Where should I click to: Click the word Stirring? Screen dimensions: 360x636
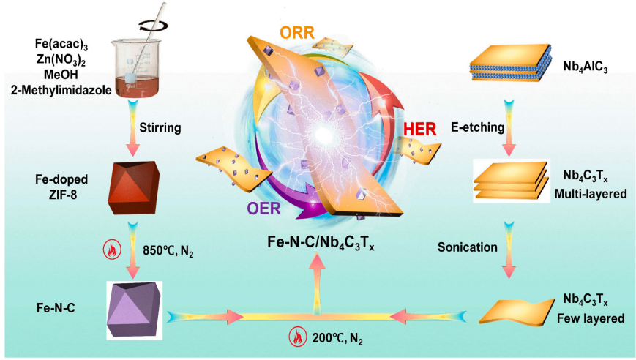click(x=177, y=128)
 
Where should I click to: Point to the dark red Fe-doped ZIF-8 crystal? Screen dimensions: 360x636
click(x=134, y=183)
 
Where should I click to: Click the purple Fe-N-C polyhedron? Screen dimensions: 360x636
click(x=135, y=307)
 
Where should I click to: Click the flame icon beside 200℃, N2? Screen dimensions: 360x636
click(x=297, y=338)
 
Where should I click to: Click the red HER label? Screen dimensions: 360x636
click(x=420, y=130)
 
